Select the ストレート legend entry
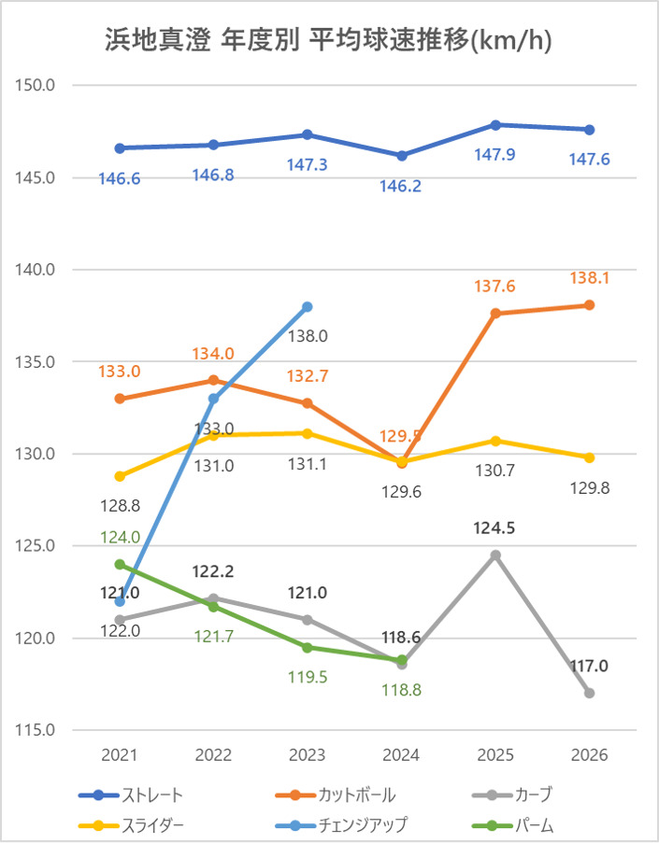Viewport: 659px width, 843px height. pos(131,795)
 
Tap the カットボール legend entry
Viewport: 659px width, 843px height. pos(336,795)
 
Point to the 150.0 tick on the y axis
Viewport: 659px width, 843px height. pos(35,85)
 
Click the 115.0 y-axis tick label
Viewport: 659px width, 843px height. pos(35,730)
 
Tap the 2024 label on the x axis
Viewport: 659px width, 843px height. pos(401,755)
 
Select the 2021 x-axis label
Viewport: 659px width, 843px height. pos(120,755)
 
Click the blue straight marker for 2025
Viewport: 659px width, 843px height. pos(495,125)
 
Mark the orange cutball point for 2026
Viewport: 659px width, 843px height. pos(590,305)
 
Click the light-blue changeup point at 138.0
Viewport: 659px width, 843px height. pos(308,306)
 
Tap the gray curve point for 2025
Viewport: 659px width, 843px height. pos(495,555)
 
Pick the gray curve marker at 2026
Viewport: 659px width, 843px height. pos(590,693)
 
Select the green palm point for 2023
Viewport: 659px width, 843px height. pos(308,647)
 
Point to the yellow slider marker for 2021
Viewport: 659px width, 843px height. pos(120,476)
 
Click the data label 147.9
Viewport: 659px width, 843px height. pos(494,155)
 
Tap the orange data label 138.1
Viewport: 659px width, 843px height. pos(590,278)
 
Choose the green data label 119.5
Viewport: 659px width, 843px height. pos(308,677)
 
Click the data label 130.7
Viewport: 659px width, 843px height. pos(494,471)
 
